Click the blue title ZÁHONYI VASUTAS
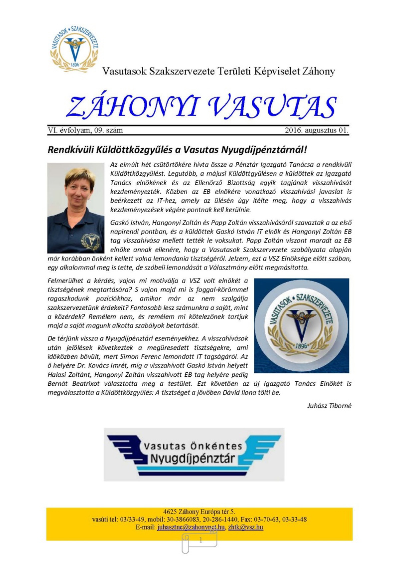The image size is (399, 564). (x=201, y=107)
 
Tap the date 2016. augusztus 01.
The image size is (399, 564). (x=317, y=130)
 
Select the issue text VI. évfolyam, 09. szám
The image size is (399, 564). (x=85, y=130)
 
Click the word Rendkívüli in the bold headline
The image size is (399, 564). (x=70, y=150)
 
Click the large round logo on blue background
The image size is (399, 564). (x=301, y=325)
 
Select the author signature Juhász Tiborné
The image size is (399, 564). (x=329, y=406)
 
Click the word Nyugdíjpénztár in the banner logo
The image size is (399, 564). (x=193, y=459)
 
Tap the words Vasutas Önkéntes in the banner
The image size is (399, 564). (x=193, y=446)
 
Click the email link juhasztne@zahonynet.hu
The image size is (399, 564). (x=191, y=527)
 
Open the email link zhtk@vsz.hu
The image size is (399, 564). (x=246, y=527)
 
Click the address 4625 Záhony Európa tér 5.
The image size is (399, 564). (x=199, y=512)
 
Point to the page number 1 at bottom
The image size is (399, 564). (x=200, y=540)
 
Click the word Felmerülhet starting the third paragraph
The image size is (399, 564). (x=65, y=281)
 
